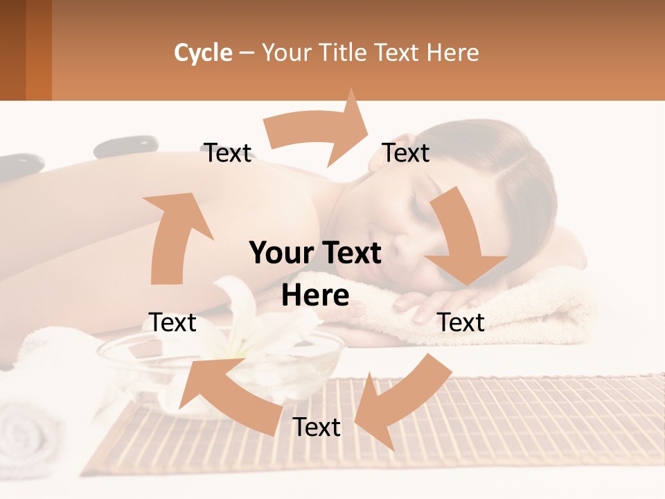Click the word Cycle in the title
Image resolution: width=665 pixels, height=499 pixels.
tap(203, 53)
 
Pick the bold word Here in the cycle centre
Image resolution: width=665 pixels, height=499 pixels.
tap(315, 295)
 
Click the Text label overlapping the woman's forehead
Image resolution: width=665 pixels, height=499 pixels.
tap(406, 152)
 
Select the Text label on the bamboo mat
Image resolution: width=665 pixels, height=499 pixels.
tap(317, 427)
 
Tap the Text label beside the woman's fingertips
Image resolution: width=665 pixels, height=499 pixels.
tap(461, 322)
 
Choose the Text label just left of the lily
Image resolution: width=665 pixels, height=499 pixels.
tap(172, 322)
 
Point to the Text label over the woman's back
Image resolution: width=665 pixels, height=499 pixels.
tap(228, 152)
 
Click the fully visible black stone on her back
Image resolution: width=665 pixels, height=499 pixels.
tap(125, 146)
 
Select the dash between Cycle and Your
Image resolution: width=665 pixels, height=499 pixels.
tap(247, 53)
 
